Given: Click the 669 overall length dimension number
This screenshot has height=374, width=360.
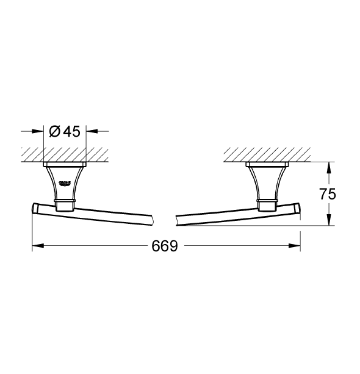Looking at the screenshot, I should tap(165, 246).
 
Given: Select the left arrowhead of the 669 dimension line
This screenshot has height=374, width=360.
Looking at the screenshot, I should tap(36, 246).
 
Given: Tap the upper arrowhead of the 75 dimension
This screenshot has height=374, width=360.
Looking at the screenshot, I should tap(329, 166).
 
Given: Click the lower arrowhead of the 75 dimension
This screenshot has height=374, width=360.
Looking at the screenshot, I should tap(329, 222).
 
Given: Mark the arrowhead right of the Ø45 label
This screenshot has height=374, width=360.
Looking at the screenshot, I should tap(92, 131).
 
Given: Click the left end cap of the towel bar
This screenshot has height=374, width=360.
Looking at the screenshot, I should tap(35, 209).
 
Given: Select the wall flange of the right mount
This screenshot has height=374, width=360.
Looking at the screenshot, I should tap(266, 165).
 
